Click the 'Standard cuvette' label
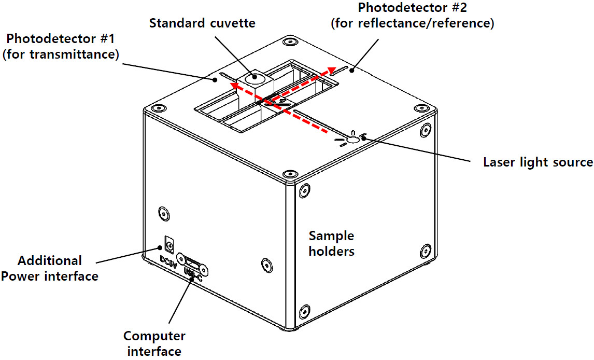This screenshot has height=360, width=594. point(202,23)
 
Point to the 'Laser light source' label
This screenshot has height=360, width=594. point(538,162)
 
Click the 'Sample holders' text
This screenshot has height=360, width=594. point(332,243)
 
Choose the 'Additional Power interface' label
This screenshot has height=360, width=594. point(49,268)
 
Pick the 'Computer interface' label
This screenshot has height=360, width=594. point(154,343)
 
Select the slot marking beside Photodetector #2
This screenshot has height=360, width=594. point(340,71)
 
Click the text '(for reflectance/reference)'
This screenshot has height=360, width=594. point(412,23)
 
